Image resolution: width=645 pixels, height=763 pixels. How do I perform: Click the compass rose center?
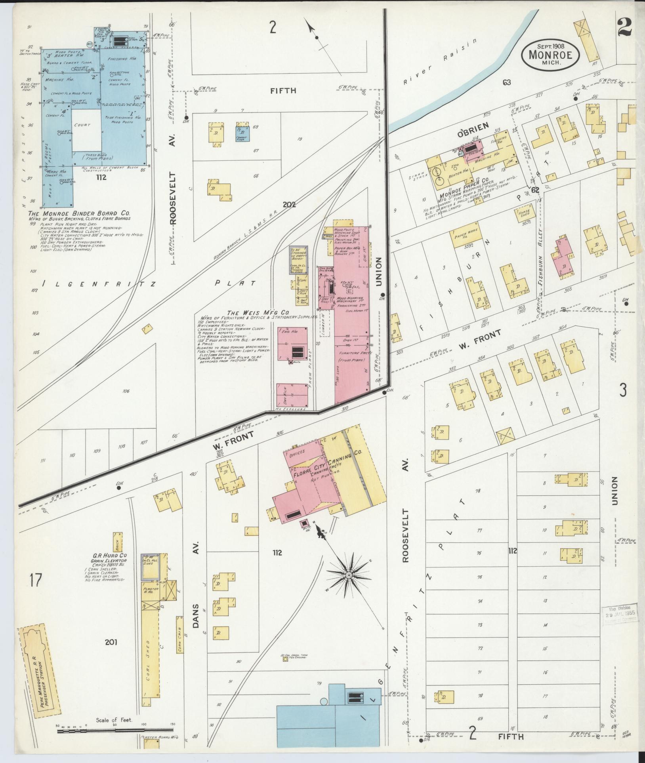[348, 575]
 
